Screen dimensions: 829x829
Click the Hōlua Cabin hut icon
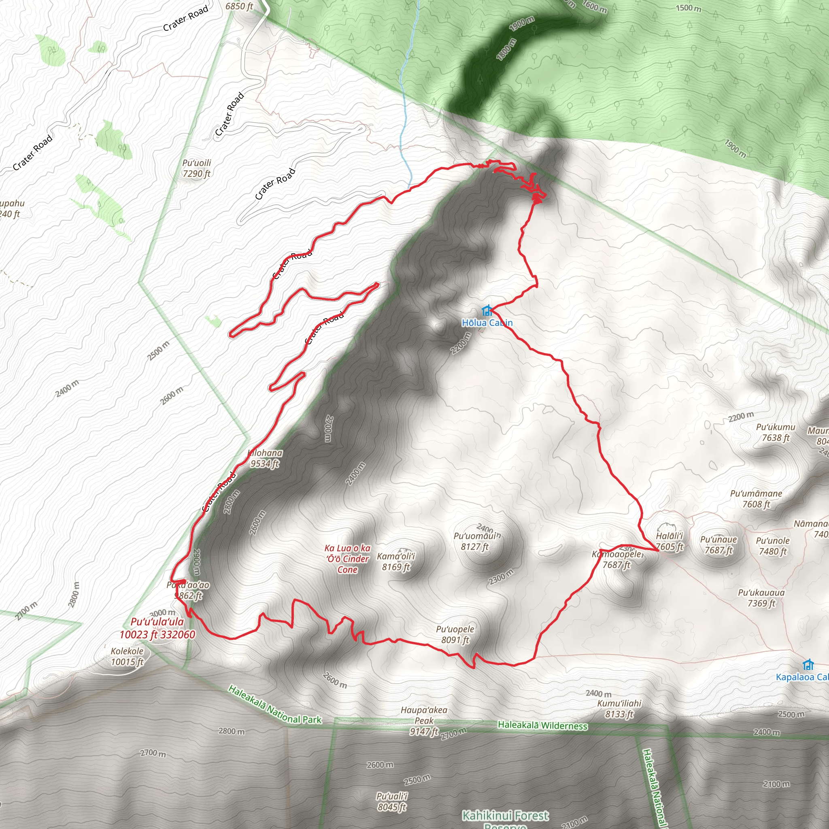coord(486,310)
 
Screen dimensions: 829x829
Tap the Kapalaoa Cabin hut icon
coord(808,665)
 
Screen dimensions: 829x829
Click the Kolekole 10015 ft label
coord(127,657)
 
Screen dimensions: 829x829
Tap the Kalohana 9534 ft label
coord(265,458)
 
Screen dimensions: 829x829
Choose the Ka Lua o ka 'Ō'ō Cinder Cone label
coord(347,559)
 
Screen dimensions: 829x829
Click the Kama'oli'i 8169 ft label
coord(395,562)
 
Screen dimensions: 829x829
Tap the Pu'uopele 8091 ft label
coord(455,635)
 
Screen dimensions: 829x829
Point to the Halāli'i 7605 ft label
coord(670,541)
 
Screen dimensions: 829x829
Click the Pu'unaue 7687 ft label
coord(718,544)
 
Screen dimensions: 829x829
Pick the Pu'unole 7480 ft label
coord(772,546)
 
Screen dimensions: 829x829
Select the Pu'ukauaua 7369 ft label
coord(761,598)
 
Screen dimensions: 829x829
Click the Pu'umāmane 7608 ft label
coord(756,499)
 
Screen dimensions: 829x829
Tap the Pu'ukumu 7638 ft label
coord(775,432)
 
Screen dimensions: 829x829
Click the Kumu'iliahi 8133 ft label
coord(619,708)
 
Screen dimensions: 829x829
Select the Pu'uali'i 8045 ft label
coord(392,801)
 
